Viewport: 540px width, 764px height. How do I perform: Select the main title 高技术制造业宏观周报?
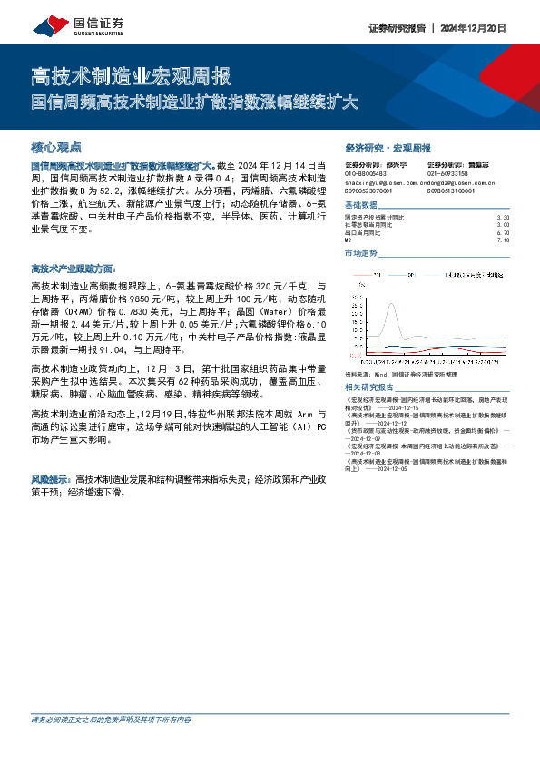[131, 75]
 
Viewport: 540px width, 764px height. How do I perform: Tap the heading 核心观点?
[56, 146]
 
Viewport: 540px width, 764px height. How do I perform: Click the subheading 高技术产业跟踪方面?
[73, 269]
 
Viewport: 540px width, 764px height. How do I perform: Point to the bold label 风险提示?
[51, 477]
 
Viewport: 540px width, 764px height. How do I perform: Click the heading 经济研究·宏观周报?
[388, 147]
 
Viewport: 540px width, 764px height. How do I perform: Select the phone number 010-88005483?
[367, 173]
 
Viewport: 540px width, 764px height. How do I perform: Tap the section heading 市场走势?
[360, 253]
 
